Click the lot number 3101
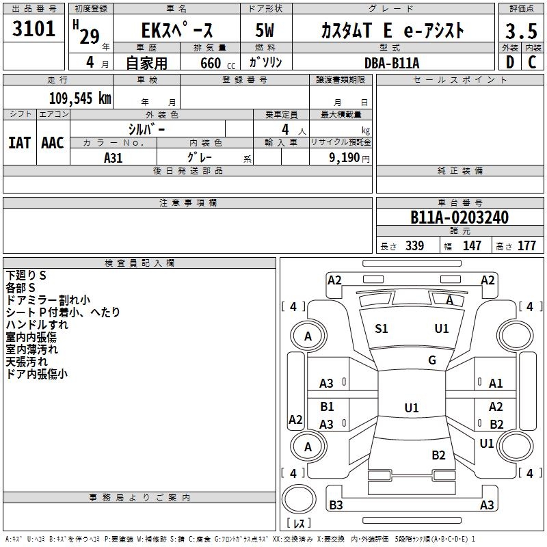[x=34, y=29]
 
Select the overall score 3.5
[x=520, y=31]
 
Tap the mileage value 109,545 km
[x=80, y=98]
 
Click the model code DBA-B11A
[x=392, y=63]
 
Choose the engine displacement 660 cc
[x=209, y=63]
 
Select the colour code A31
[x=113, y=157]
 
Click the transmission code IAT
[x=19, y=143]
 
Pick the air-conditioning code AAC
[x=53, y=143]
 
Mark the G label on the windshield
[x=432, y=360]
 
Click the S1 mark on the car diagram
[x=382, y=329]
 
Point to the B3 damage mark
[x=336, y=505]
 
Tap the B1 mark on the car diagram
[x=327, y=407]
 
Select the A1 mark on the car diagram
[x=496, y=384]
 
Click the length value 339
[x=414, y=246]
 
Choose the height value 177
[x=526, y=246]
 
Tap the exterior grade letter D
[x=509, y=63]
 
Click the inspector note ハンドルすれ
[x=37, y=325]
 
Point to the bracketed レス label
[x=298, y=523]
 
